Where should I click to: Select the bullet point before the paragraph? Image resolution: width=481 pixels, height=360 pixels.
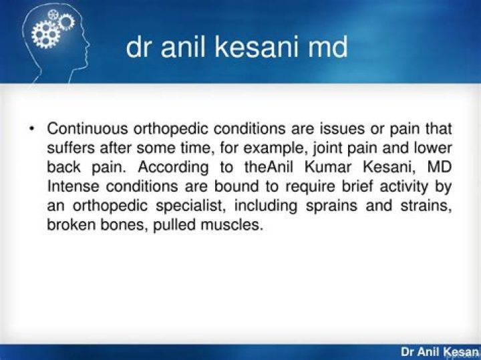[x=31, y=128]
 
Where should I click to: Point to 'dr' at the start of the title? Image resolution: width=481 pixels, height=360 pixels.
[x=138, y=49]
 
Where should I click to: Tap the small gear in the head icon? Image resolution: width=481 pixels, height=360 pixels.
[x=65, y=23]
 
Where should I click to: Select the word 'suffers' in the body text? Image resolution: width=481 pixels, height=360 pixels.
[x=69, y=148]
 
